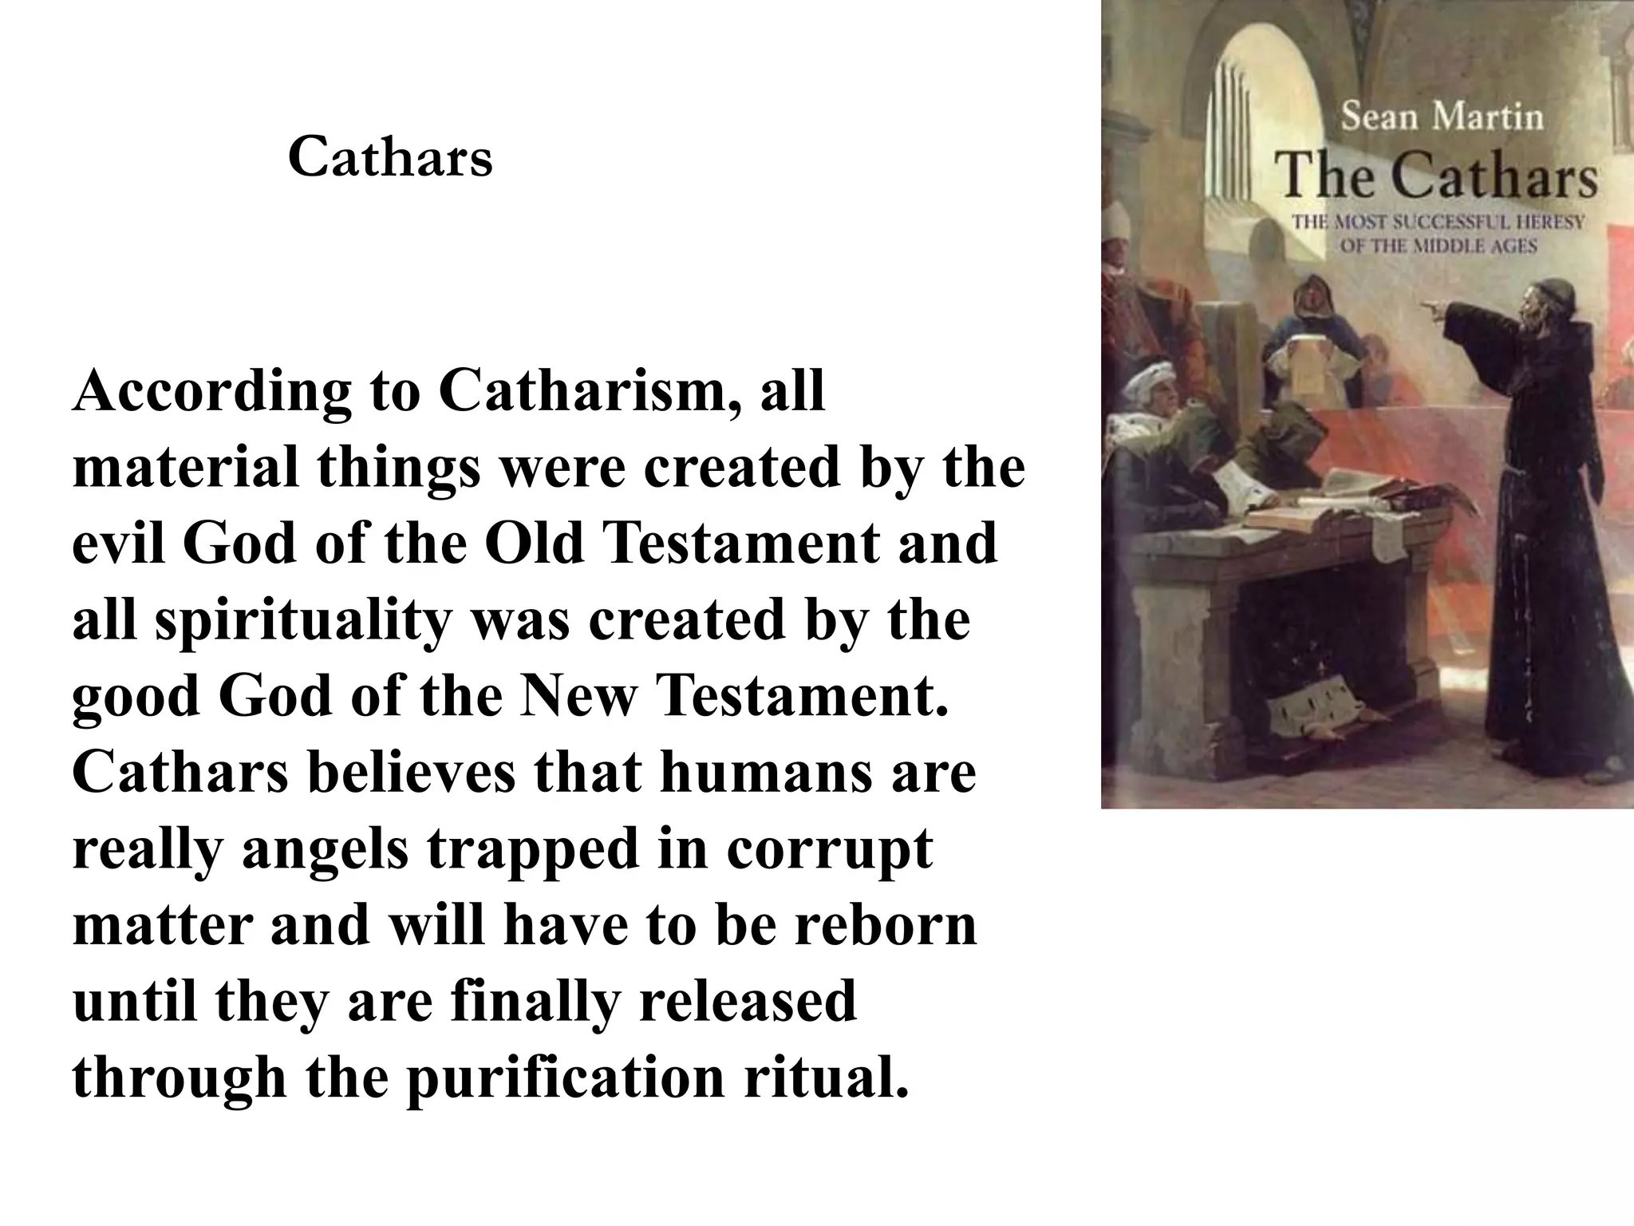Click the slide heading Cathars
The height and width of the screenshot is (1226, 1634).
tap(390, 157)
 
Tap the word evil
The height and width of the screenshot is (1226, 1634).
tap(120, 544)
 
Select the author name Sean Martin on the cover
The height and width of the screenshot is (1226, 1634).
tap(1442, 117)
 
